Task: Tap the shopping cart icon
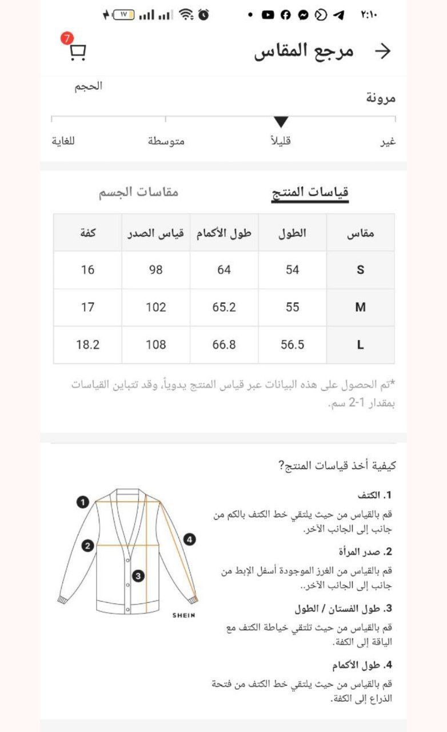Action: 78,53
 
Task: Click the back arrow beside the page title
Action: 382,51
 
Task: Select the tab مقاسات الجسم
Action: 138,192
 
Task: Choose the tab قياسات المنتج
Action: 310,192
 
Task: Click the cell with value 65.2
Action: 224,307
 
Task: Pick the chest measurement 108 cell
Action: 155,345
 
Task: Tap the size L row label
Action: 360,345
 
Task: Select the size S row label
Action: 360,270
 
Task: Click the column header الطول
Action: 293,233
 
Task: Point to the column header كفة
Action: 87,233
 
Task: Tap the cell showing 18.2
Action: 87,345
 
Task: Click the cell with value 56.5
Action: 293,345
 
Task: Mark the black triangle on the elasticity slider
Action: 281,122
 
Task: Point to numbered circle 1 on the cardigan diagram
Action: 83,502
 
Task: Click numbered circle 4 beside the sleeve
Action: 190,539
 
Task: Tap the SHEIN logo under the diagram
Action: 184,615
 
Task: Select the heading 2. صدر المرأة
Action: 365,552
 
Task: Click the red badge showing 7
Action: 67,39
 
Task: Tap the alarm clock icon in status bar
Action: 203,15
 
